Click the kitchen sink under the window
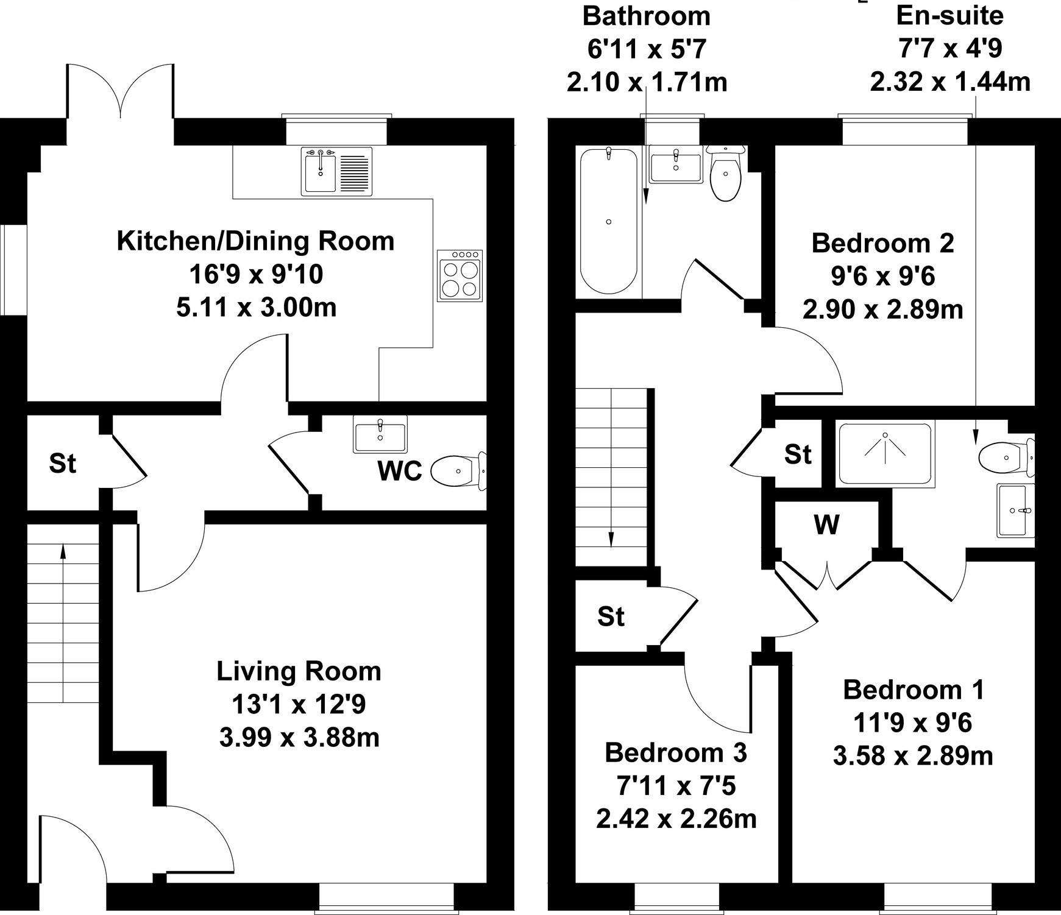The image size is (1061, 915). click(337, 171)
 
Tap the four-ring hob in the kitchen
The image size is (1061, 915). click(460, 275)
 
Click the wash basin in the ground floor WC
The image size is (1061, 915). click(380, 434)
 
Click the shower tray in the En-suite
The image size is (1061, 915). click(885, 454)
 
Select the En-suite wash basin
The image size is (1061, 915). click(1016, 510)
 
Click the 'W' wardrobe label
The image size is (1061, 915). click(826, 524)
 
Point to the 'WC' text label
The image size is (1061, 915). click(400, 471)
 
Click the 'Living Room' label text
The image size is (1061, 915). click(299, 671)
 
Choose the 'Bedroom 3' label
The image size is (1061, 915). click(676, 753)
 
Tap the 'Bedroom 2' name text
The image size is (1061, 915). click(882, 243)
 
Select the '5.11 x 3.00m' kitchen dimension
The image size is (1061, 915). click(257, 307)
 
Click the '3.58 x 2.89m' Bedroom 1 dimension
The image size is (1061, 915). click(913, 756)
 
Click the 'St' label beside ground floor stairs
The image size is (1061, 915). click(63, 464)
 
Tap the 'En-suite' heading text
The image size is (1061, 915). click(950, 16)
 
